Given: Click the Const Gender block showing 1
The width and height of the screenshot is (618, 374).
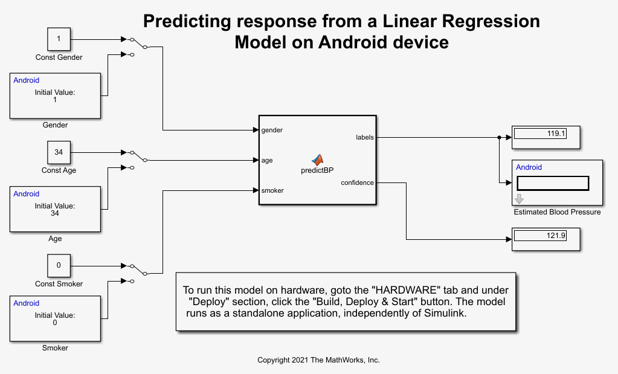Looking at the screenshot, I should [x=59, y=39].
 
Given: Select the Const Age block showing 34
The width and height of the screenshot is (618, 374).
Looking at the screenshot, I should [x=59, y=152].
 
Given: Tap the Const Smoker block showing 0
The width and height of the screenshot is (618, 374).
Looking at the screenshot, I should [x=59, y=265].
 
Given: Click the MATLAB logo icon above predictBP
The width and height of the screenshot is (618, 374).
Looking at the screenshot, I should [x=318, y=160].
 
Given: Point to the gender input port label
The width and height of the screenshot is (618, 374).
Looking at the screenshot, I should [x=272, y=130].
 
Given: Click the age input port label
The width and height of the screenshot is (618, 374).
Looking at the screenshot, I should [x=267, y=160].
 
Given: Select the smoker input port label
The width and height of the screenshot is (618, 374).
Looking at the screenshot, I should [x=272, y=190].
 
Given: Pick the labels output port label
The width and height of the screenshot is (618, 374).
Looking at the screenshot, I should [x=364, y=137].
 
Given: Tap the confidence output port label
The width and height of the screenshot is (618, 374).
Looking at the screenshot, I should [x=357, y=182].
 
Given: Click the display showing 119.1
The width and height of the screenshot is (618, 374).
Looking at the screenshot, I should [x=546, y=134].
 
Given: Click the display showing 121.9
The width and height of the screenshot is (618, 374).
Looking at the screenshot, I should [x=546, y=236].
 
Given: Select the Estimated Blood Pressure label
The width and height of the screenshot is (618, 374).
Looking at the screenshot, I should [x=557, y=212].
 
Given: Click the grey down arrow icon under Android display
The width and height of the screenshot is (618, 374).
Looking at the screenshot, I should [x=519, y=199].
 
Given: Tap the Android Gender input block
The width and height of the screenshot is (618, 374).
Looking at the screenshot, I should [x=55, y=95].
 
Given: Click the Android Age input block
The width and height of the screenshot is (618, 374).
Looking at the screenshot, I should [x=55, y=208].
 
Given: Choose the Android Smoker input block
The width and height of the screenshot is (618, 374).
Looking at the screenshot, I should [x=55, y=318].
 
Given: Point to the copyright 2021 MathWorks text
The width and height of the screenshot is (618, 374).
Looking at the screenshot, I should [x=318, y=360].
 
